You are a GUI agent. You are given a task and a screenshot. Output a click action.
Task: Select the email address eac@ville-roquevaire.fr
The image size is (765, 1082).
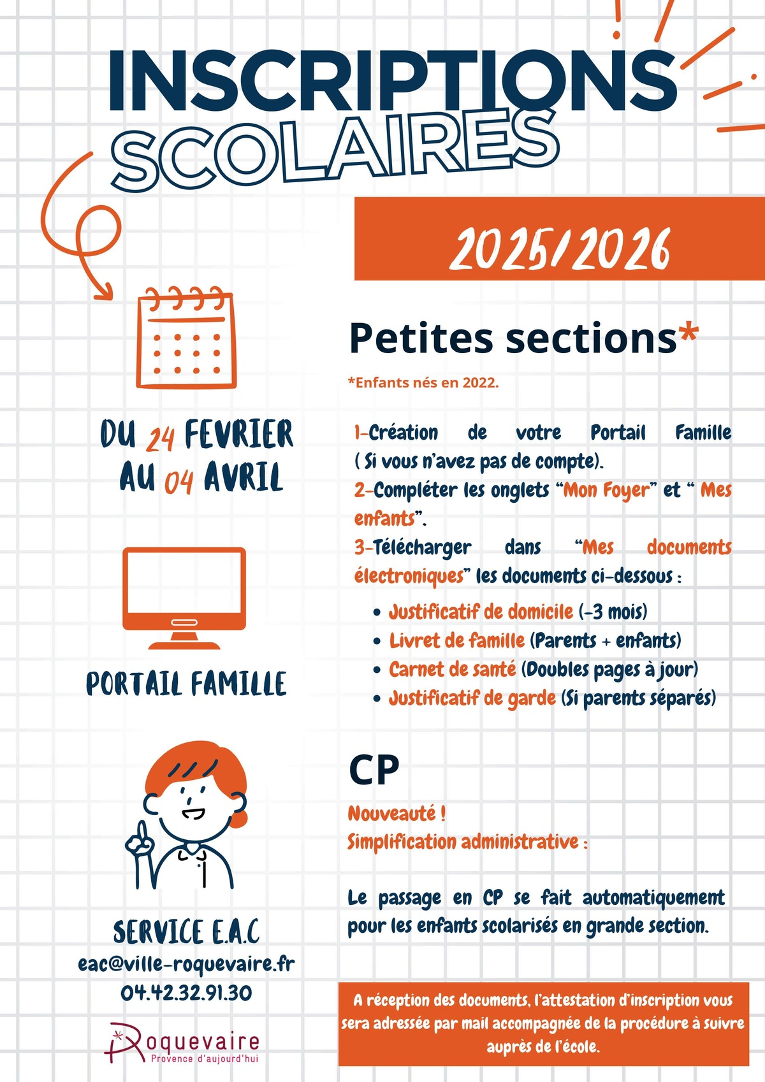(x=186, y=963)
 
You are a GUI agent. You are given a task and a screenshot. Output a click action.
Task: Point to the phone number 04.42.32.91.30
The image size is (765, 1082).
(x=186, y=992)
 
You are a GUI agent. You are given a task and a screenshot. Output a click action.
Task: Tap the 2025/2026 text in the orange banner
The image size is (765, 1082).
(x=560, y=249)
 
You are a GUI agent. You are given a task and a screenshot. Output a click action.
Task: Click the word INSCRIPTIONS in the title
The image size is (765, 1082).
(x=392, y=81)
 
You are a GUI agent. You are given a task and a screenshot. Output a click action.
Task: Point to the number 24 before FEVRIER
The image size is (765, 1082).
(x=161, y=438)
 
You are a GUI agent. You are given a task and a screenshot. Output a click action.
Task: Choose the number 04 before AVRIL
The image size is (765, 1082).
(x=178, y=482)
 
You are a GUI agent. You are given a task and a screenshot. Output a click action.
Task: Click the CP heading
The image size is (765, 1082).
(x=374, y=770)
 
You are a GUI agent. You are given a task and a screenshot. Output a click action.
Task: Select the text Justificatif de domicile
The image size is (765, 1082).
(x=481, y=612)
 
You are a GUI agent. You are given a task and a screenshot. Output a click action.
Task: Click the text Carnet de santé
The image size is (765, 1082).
(x=453, y=669)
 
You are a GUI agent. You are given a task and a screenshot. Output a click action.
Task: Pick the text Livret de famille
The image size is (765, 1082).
(x=457, y=640)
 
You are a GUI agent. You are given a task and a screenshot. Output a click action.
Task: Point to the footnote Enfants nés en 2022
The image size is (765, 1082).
(x=423, y=383)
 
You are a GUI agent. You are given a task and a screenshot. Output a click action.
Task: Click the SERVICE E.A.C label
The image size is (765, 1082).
(x=186, y=932)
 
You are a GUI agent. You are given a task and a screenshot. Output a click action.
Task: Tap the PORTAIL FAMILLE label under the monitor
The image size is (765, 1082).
(x=186, y=684)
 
